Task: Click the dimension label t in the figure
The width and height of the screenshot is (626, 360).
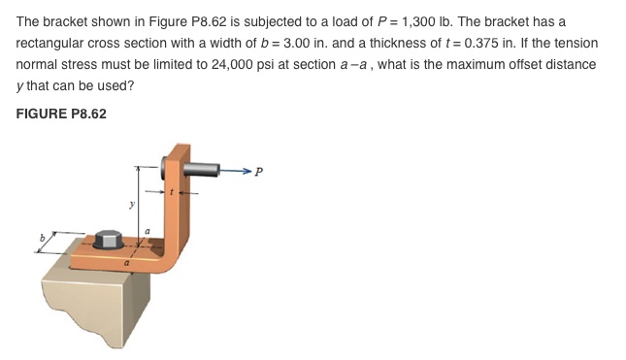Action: [x=172, y=193]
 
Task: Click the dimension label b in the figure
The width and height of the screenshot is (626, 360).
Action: [x=43, y=236]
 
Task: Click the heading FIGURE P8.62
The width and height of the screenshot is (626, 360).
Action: [x=61, y=114]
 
